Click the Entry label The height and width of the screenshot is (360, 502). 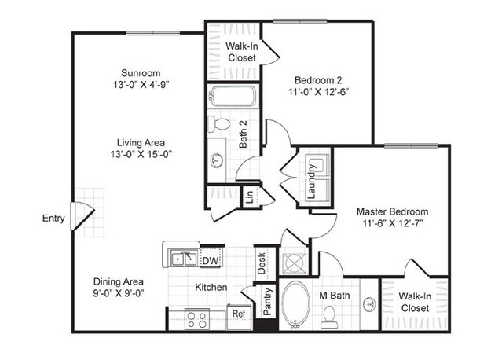[x=53, y=219]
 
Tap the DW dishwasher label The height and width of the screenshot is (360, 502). [x=211, y=261]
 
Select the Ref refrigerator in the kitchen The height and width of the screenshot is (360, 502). [x=239, y=317]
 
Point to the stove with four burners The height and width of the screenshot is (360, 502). [x=197, y=320]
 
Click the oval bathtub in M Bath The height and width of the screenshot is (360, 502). [x=295, y=305]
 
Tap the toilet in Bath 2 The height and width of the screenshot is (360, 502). [x=218, y=124]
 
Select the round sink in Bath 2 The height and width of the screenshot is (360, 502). [x=218, y=160]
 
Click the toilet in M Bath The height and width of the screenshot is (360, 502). [x=329, y=317]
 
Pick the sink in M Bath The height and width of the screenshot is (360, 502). [x=369, y=303]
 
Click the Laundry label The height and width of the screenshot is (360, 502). [x=312, y=182]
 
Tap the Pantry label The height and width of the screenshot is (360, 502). [x=267, y=301]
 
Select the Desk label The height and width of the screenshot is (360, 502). [x=262, y=263]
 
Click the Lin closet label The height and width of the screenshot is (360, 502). [x=250, y=197]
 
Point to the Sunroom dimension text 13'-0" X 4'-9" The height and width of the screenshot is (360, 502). [x=141, y=85]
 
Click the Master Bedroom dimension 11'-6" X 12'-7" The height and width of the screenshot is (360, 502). [x=393, y=223]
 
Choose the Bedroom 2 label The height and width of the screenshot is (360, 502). [x=318, y=79]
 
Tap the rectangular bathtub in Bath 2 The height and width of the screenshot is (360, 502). [x=233, y=96]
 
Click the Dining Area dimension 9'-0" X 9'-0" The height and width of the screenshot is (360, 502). [x=119, y=293]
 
